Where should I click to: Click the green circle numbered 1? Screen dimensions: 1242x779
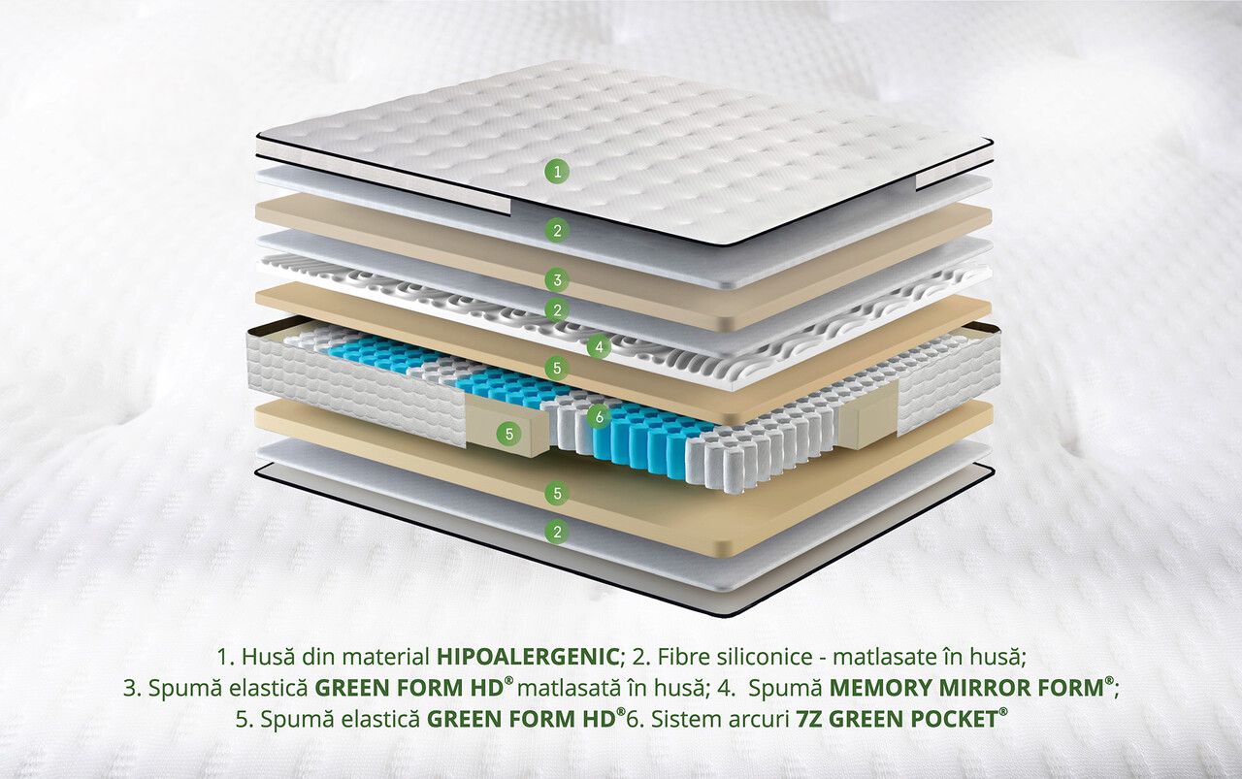(x=557, y=172)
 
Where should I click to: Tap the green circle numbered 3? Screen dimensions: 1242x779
(x=557, y=279)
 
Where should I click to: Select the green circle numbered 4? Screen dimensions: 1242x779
(x=599, y=347)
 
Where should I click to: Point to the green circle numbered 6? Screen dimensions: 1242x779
(x=599, y=415)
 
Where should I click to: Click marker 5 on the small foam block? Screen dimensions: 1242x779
(x=509, y=434)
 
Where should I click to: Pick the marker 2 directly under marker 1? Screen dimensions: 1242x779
(x=557, y=230)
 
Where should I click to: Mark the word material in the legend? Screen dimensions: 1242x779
(x=385, y=657)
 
